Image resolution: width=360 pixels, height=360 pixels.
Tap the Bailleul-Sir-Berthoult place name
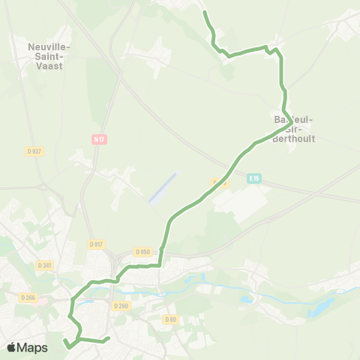coord(293,129)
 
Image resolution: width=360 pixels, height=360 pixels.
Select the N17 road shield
coord(98,139)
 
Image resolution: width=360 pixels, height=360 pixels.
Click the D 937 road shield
coord(34,151)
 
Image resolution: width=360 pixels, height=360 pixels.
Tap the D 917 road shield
coord(95,244)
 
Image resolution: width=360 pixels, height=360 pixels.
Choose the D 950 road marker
coord(142,252)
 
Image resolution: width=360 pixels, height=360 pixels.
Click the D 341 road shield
coord(45,264)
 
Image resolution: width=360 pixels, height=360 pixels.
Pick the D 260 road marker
coord(121,306)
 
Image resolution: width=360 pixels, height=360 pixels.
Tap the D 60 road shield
coord(170,319)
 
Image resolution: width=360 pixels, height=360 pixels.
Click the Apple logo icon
coord(12,347)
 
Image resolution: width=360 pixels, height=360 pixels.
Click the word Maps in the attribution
coord(33,347)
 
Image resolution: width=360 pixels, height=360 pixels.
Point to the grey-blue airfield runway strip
coord(163,187)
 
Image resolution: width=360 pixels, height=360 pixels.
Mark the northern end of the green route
coord(205,12)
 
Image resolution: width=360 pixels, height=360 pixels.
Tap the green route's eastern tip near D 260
coord(109,338)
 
